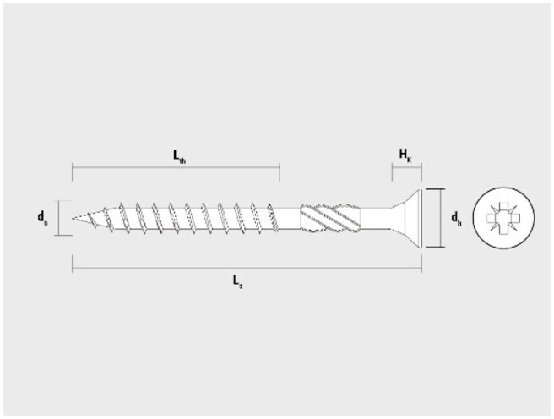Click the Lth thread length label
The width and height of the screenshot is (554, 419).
179,156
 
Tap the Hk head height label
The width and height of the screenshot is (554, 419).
405,155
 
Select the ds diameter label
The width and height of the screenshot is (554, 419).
42,217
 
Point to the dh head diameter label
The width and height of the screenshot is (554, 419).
456,218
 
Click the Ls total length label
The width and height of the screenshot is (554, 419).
237,281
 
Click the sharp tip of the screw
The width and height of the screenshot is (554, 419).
73,219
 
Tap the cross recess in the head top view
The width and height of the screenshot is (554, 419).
503,218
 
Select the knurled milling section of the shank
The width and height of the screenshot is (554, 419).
331,218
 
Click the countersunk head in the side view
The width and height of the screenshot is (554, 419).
406,218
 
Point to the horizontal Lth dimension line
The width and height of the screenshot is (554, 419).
176,167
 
